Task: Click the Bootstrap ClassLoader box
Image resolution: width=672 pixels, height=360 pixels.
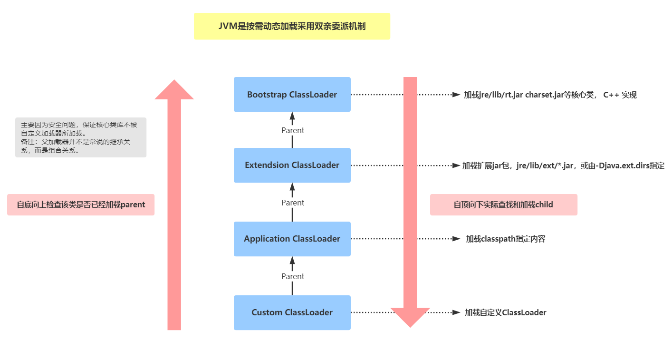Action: click(292, 95)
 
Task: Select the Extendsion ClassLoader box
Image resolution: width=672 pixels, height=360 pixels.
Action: click(292, 165)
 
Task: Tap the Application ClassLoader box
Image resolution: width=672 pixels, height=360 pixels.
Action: click(292, 239)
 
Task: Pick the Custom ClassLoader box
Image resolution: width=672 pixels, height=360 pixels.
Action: click(292, 312)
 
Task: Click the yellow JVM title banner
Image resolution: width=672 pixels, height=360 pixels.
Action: click(292, 26)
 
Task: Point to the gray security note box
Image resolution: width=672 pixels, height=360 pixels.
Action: click(81, 137)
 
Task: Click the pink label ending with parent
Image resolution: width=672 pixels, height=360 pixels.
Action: click(81, 205)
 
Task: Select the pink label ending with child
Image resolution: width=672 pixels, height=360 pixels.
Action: click(503, 205)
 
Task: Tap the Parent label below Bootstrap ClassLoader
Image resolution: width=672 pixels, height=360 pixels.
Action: click(292, 130)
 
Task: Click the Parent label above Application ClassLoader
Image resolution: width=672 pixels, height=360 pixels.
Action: click(292, 203)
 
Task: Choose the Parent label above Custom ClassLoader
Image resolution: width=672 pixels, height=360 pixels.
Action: click(292, 276)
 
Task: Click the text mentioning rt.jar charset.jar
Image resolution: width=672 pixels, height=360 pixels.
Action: click(550, 95)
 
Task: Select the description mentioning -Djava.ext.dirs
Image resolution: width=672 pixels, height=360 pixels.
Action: click(563, 165)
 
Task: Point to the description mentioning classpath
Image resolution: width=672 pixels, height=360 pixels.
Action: click(505, 239)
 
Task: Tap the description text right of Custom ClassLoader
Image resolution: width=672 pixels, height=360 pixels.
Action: click(505, 312)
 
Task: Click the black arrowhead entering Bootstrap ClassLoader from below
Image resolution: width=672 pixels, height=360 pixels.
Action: click(292, 116)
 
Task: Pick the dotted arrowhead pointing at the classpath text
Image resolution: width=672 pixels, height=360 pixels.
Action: click(457, 239)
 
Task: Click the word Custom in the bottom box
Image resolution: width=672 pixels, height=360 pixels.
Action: click(267, 312)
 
